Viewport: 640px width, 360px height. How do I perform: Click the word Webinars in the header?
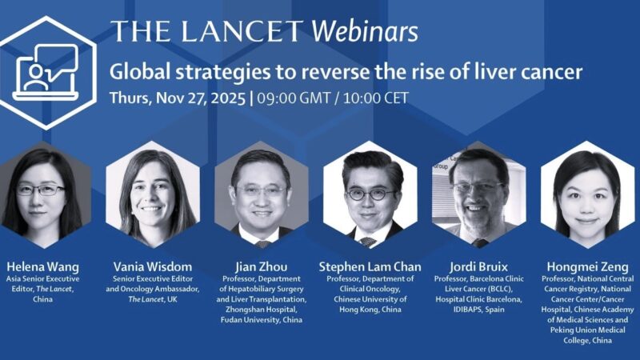tap(365, 32)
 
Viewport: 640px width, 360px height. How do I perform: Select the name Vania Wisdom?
tap(152, 266)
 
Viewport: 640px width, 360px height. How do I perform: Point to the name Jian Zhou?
tap(261, 266)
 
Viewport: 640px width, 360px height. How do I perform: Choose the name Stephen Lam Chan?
tap(369, 266)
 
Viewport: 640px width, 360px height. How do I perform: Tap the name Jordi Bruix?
tap(478, 266)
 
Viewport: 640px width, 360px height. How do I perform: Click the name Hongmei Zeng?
tap(586, 266)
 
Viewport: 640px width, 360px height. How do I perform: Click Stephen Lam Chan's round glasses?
tap(369, 194)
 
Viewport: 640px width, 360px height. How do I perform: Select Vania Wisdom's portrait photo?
tap(152, 197)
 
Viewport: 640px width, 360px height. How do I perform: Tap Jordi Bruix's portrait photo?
tap(478, 197)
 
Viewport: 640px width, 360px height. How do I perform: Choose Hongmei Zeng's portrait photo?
tap(586, 197)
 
